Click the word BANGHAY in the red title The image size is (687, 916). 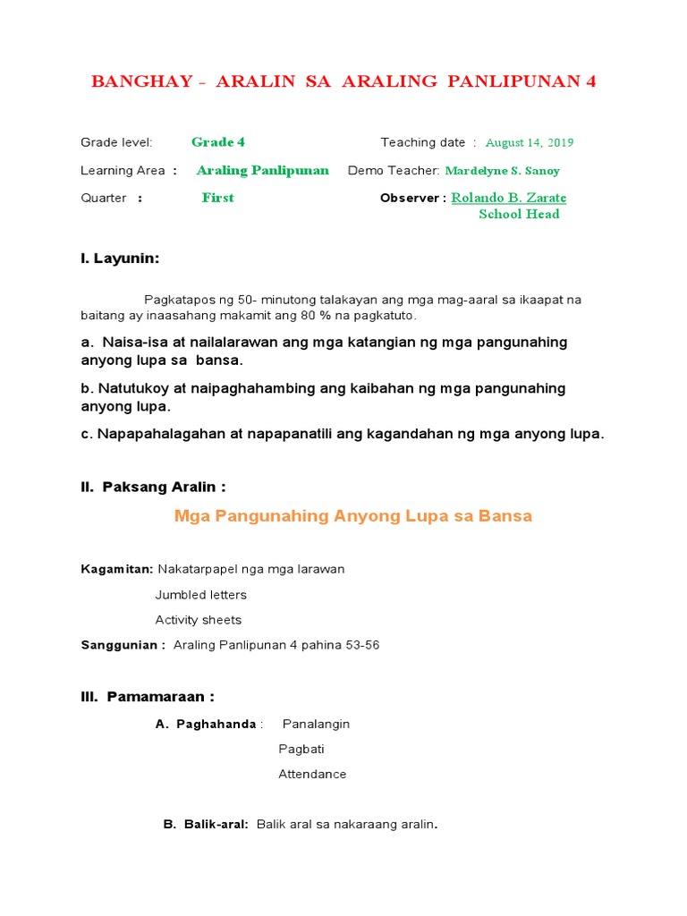pos(141,81)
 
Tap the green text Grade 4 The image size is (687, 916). pos(217,142)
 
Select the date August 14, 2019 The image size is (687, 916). pos(529,142)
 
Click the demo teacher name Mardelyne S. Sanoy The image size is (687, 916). pos(502,171)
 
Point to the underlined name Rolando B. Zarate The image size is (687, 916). pos(508,198)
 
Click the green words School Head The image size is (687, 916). pos(519,214)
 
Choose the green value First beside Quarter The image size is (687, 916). pos(217,198)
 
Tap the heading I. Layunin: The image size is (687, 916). pos(120,259)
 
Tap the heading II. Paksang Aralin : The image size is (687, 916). pos(153,488)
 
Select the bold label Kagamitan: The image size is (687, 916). pos(116,569)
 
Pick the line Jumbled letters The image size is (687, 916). pos(200,595)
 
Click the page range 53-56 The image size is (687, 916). pos(361,645)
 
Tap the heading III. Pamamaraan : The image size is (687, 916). pos(148,697)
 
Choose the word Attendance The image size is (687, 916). pos(312,775)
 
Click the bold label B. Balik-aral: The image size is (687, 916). pos(206,825)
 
